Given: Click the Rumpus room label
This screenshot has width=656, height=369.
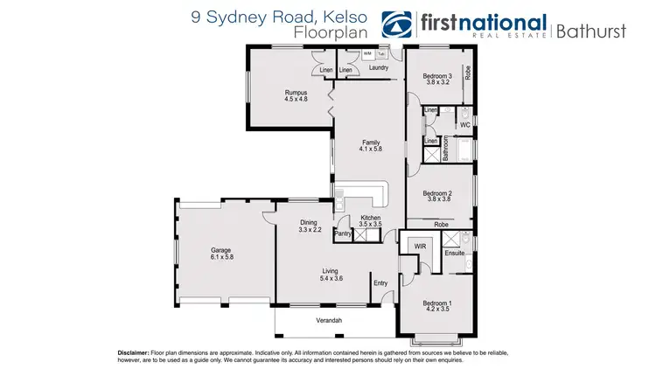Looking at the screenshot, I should pos(297,95).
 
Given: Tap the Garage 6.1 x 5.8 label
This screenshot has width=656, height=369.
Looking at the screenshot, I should pos(220,254).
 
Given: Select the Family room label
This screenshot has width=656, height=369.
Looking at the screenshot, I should pos(372,145).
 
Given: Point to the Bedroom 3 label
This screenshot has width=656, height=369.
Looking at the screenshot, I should pos(436,80).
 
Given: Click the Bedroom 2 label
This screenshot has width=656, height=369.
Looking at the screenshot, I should pos(436,196).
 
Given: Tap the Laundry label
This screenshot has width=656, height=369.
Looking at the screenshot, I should pos(378,67).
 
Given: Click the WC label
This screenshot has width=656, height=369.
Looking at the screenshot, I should pos(464,125).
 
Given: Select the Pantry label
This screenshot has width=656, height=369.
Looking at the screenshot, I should pos(343,233).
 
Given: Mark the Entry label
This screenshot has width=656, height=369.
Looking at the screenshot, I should pos(380,282).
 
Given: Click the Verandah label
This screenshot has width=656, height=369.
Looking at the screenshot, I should pos(329,322).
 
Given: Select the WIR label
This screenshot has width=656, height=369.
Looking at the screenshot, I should pos(419,247).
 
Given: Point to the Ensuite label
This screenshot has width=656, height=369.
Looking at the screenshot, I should pos(454,254).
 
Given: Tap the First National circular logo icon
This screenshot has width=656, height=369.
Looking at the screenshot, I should pos(400,24).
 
